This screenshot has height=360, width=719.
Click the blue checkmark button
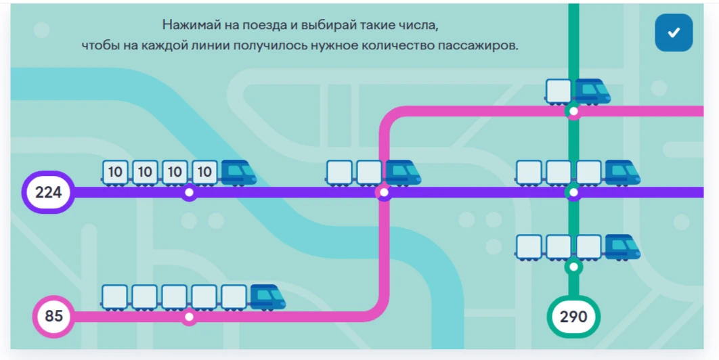point(674,32)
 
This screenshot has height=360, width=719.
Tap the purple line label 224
point(48,192)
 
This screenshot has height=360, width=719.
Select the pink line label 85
point(53,317)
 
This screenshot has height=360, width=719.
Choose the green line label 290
point(573,317)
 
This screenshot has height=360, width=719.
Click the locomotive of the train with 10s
point(238,173)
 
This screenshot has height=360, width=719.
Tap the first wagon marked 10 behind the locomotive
point(204,173)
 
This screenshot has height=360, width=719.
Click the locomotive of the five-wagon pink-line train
point(268,297)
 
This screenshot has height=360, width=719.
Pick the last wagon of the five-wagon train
point(114,297)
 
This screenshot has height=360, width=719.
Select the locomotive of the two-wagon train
point(403,173)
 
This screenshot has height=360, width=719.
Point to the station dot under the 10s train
point(189,193)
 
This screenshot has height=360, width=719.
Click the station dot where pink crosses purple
point(385,193)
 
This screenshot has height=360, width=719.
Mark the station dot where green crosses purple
point(573,193)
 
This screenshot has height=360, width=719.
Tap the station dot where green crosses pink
point(573,111)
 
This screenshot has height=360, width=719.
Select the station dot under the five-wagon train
point(189,317)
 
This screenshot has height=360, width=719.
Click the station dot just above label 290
point(573,267)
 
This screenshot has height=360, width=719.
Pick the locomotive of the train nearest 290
point(622,248)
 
